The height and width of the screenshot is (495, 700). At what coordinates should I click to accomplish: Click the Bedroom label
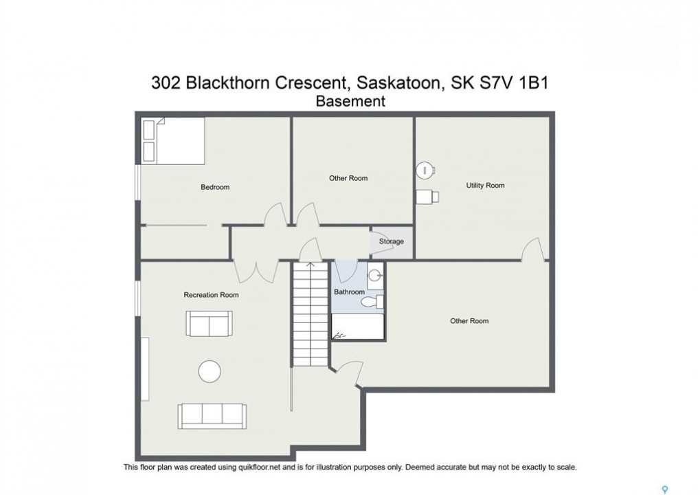(x=215, y=187)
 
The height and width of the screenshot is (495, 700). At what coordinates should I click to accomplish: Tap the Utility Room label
(x=485, y=186)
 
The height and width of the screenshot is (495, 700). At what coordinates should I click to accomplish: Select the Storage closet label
(x=392, y=241)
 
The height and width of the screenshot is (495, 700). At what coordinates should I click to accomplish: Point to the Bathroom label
(x=349, y=291)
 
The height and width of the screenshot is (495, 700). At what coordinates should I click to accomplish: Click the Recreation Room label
(x=211, y=295)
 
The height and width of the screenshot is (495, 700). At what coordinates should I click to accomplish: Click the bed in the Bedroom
(x=173, y=140)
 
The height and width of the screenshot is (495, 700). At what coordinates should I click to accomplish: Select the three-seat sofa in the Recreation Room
(x=212, y=417)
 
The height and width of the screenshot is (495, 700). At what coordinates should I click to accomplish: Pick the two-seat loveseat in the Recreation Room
(x=209, y=323)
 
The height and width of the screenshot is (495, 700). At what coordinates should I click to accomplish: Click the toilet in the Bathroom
(x=372, y=302)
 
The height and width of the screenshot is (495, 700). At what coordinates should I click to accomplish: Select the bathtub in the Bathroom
(x=358, y=327)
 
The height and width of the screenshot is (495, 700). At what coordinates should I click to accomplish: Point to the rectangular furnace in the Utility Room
(x=427, y=197)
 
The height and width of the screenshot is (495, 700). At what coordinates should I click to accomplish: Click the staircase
(x=311, y=314)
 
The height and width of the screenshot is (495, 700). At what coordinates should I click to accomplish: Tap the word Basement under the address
(x=350, y=102)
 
